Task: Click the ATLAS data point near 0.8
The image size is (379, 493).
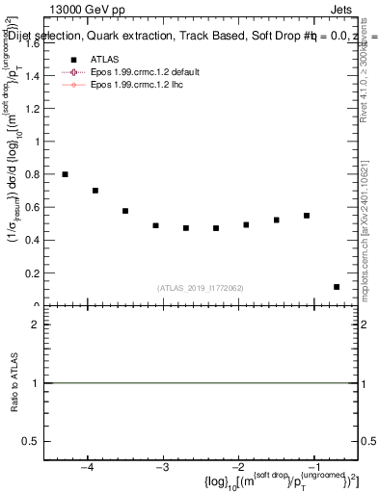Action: [x=65, y=174]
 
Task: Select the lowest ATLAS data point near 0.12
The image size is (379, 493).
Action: [x=337, y=287]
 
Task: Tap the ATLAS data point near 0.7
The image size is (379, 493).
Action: [x=95, y=191]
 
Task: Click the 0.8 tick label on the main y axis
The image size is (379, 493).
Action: [x=37, y=175]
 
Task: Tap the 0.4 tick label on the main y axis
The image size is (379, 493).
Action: [x=37, y=241]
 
